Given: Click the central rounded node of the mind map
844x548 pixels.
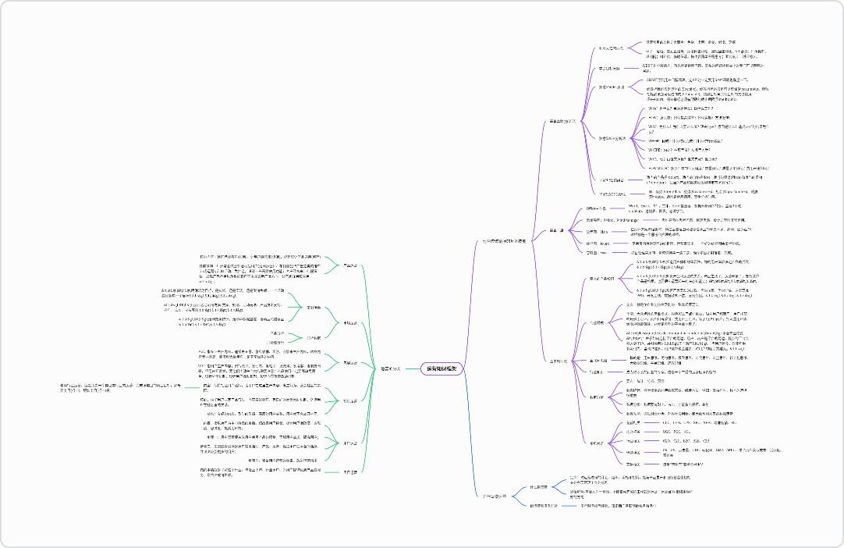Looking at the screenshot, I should click(x=442, y=368).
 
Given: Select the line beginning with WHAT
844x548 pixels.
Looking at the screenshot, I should click(x=679, y=109).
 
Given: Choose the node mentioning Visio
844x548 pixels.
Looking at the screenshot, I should click(x=597, y=232).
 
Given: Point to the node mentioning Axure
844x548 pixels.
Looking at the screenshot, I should click(x=598, y=244).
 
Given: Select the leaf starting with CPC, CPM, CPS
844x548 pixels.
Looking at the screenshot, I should click(x=686, y=422).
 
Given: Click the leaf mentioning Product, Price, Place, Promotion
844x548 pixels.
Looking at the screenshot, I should click(x=702, y=180).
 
